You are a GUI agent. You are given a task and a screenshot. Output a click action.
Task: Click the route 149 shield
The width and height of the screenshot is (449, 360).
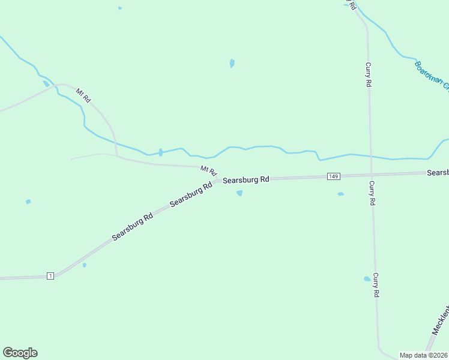coord(334,176)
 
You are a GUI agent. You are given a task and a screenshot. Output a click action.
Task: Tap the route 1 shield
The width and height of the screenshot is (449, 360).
coord(50,276)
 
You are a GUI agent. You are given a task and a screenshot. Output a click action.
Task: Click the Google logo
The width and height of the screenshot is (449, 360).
coord(20,353)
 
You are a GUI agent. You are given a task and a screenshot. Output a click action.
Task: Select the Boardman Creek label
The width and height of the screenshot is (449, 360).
coord(432,76)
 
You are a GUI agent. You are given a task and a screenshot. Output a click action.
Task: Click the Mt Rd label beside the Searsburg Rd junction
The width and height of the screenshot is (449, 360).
coord(208,171)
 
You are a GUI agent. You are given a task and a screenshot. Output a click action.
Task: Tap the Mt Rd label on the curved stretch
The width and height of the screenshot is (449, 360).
coord(83,95)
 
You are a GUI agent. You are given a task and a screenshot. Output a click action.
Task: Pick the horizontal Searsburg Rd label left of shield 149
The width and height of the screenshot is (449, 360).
coord(246,179)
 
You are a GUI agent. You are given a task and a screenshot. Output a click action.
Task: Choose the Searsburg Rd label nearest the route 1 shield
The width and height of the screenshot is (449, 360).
coord(133,226)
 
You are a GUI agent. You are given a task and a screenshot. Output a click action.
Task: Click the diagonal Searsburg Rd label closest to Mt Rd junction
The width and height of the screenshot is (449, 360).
coord(191,194)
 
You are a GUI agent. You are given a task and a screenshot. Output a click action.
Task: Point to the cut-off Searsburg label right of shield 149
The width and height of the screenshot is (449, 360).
coord(438,173)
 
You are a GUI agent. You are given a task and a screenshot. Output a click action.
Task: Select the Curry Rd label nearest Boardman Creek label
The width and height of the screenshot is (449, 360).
coord(368,75)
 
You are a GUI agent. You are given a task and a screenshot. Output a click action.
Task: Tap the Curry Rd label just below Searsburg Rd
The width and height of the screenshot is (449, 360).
coord(372,193)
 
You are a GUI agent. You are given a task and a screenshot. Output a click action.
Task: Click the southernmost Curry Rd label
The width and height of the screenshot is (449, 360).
coord(376,285)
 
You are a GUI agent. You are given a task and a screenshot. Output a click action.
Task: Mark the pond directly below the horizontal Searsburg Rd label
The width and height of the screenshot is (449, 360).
coord(240,193)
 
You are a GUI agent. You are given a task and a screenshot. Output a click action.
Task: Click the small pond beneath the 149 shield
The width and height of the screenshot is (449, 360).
coord(341,194)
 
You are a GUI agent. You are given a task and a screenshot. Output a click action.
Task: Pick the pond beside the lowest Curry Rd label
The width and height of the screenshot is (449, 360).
coord(367,279)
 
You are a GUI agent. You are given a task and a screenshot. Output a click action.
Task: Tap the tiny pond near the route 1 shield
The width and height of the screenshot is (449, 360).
coord(84,265)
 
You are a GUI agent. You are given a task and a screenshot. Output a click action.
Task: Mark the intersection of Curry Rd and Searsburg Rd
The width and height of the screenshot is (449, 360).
coord(371,175)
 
